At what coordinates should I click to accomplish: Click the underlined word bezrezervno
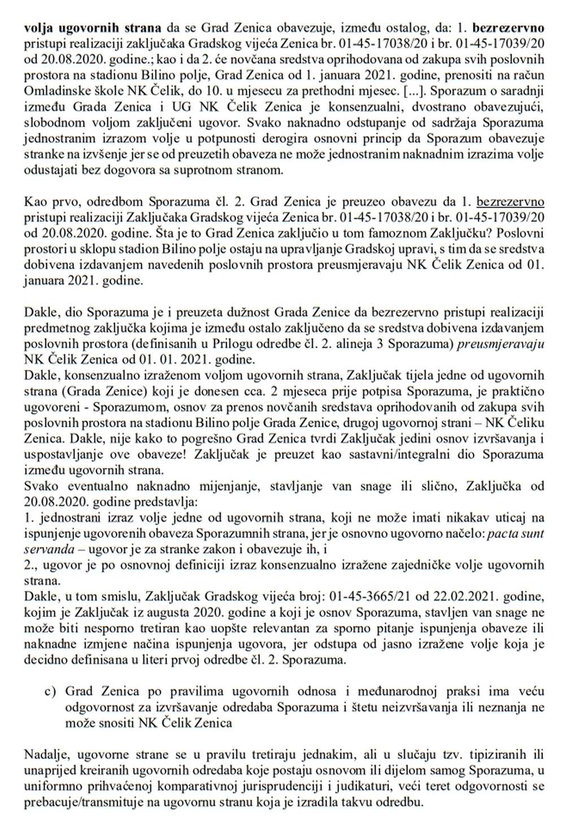(x=511, y=202)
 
